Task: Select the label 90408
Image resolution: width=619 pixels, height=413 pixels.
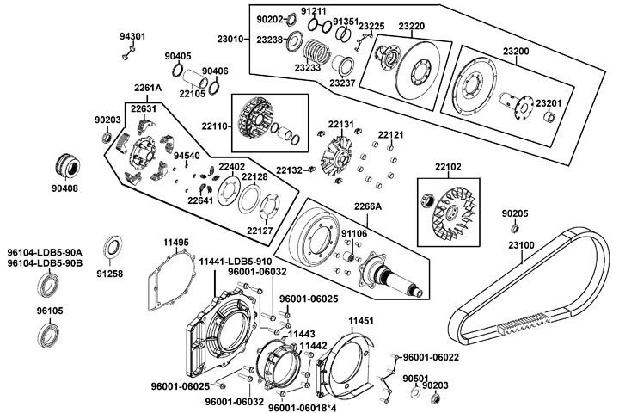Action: (x=64, y=187)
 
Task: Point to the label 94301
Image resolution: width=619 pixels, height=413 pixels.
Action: (x=132, y=37)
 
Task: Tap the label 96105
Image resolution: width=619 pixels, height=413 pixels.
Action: (x=48, y=308)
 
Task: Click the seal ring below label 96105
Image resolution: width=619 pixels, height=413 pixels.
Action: (x=48, y=333)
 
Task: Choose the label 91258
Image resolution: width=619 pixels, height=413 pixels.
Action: (x=110, y=274)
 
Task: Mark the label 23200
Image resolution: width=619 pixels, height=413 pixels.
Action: (x=516, y=52)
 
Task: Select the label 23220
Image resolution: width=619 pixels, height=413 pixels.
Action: (x=414, y=27)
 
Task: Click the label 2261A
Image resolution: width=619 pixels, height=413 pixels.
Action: (x=148, y=88)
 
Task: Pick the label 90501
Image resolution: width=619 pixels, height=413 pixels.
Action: (x=415, y=378)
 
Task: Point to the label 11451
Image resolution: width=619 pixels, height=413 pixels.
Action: (x=362, y=320)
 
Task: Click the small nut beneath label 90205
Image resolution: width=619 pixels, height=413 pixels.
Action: (x=514, y=228)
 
